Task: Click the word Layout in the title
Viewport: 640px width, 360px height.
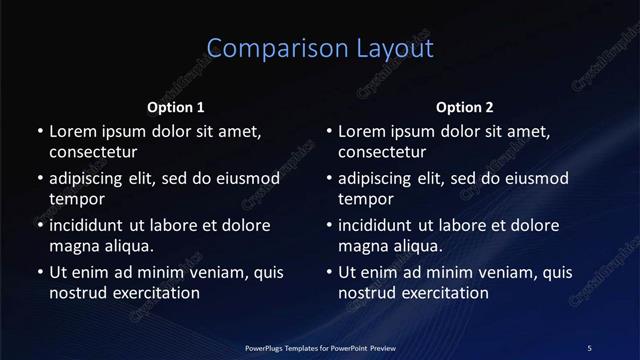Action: coord(385,49)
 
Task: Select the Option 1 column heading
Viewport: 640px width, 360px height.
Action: coord(176,107)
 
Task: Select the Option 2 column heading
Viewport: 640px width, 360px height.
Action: coord(465,107)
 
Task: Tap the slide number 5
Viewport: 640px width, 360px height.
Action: coord(589,347)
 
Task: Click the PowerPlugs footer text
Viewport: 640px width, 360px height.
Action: coord(320,347)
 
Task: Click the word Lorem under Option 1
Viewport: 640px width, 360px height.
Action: coord(71,131)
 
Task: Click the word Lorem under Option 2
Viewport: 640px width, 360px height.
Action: coord(361,131)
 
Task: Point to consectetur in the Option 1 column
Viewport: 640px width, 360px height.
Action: coord(93,152)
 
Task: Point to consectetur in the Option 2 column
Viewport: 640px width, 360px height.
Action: coord(383,152)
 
